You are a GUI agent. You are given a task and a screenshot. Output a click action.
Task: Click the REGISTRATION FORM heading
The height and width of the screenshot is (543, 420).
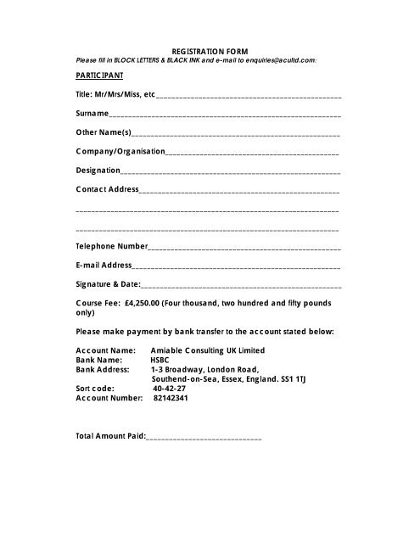click(210, 52)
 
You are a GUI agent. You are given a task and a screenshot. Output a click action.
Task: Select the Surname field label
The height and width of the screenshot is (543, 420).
click(92, 112)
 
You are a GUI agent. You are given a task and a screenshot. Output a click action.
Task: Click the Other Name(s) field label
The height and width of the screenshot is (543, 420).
click(104, 132)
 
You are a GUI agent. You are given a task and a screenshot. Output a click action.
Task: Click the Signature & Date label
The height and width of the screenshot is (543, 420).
click(108, 284)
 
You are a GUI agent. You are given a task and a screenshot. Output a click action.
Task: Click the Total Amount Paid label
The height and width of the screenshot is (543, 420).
click(110, 437)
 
